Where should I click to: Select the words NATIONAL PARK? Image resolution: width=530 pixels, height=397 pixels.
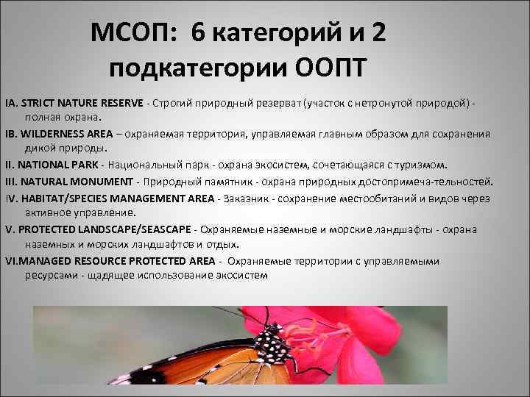pyautogui.click(x=63, y=165)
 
